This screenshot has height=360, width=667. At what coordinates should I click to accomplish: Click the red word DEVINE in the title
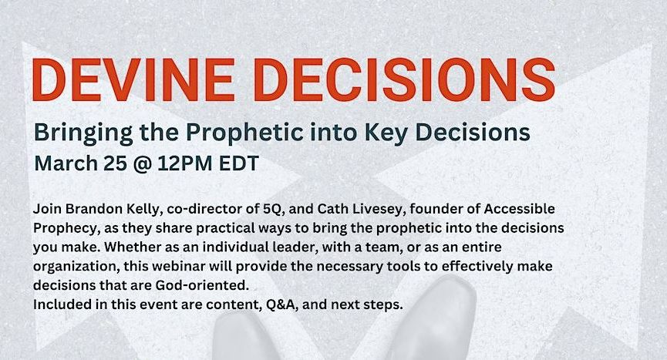pyautogui.click(x=133, y=79)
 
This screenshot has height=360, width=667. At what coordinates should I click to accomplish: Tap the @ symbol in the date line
pyautogui.click(x=142, y=164)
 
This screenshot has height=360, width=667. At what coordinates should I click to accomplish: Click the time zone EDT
pyautogui.click(x=238, y=163)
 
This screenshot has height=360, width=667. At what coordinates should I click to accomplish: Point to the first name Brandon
pyautogui.click(x=94, y=209)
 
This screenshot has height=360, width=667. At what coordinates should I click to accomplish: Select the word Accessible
pyautogui.click(x=520, y=209)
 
